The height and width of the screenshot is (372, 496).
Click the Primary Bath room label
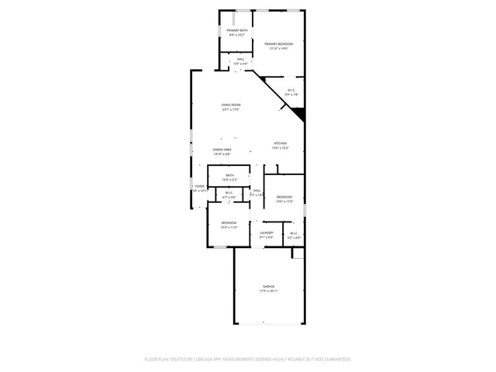pos(237,31)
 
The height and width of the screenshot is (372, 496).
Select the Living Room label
pos(230,105)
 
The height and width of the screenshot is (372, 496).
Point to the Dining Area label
pos(222,149)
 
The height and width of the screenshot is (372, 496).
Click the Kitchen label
pos(280,143)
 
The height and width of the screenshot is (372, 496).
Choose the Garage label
pos(268,287)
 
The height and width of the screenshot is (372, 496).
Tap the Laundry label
pos(267,232)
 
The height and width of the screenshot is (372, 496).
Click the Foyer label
pos(199,186)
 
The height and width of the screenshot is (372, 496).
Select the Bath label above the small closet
pos(230,176)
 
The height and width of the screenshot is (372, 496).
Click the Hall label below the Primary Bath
pos(241,59)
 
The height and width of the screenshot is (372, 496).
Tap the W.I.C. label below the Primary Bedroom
pos(291,90)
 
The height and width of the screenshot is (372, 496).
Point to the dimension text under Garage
pos(268,291)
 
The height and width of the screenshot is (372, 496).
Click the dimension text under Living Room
pos(230,109)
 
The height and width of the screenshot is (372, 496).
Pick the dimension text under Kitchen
pos(280,148)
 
